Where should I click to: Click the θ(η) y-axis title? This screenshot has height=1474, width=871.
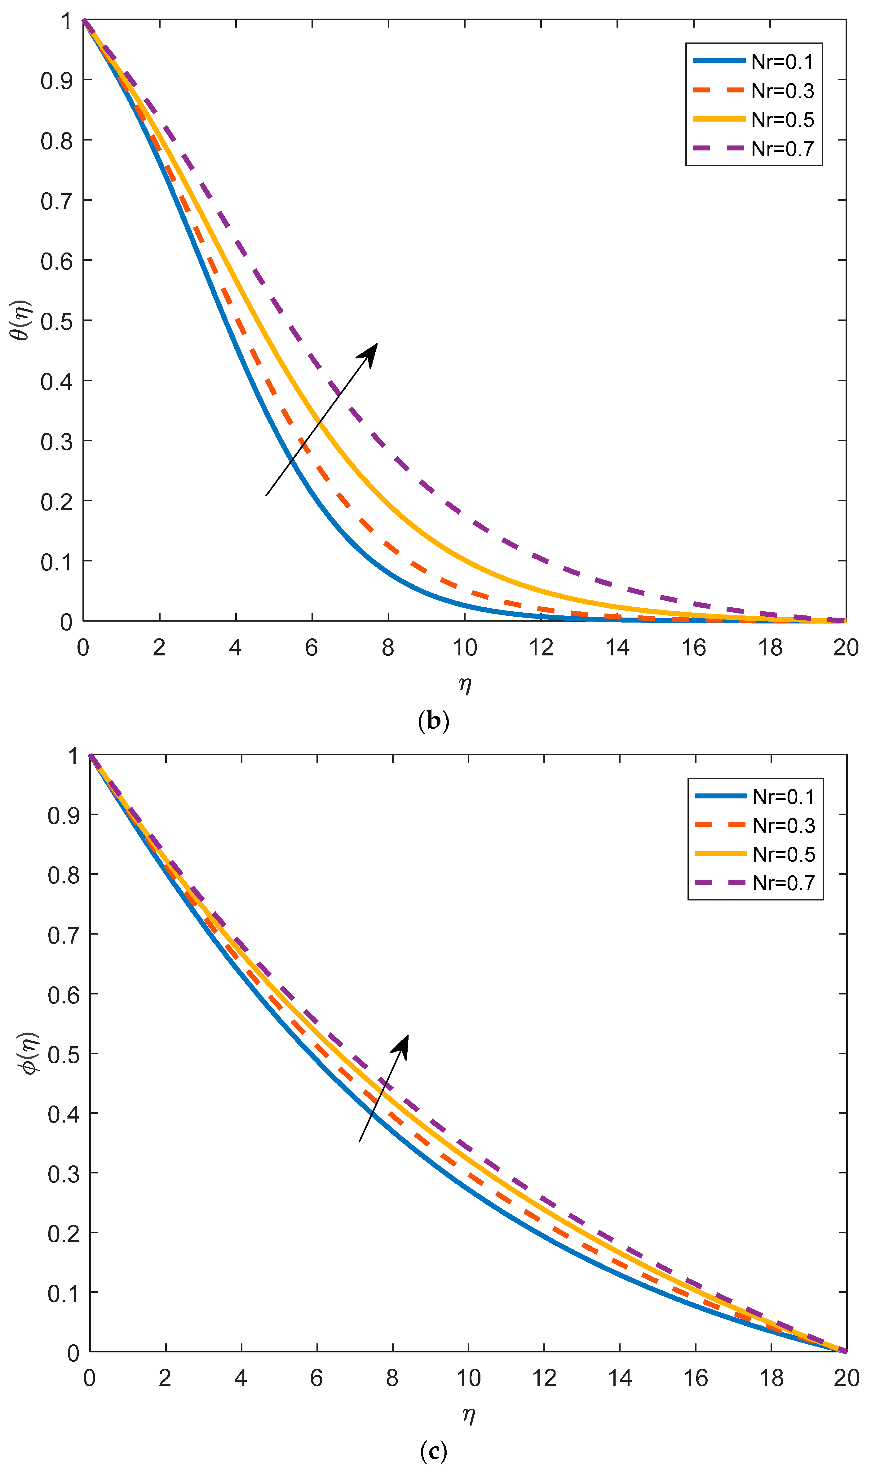click(22, 320)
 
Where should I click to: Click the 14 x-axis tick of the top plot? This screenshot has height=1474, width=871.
click(617, 648)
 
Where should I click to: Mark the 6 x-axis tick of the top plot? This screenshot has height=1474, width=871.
click(312, 648)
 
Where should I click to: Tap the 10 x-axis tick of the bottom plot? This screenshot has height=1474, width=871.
click(468, 1378)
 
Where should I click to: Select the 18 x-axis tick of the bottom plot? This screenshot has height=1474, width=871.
click(771, 1378)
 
